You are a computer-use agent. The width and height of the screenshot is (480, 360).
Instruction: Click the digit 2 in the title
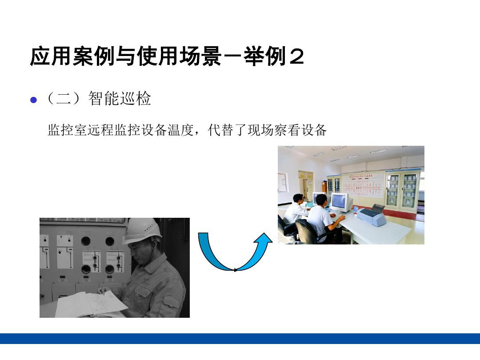coord(296,56)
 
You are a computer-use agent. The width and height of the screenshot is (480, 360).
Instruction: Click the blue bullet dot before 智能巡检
coord(34,100)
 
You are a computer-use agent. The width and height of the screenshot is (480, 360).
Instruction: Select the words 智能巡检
coord(120,99)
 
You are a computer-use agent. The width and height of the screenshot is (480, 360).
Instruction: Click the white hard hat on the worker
coord(142,231)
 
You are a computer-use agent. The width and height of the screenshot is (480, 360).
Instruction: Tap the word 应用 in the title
coord(51,56)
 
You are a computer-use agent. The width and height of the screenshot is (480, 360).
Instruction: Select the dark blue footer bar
coord(240,339)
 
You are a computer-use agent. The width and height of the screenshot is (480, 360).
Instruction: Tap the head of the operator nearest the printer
coord(321,200)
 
